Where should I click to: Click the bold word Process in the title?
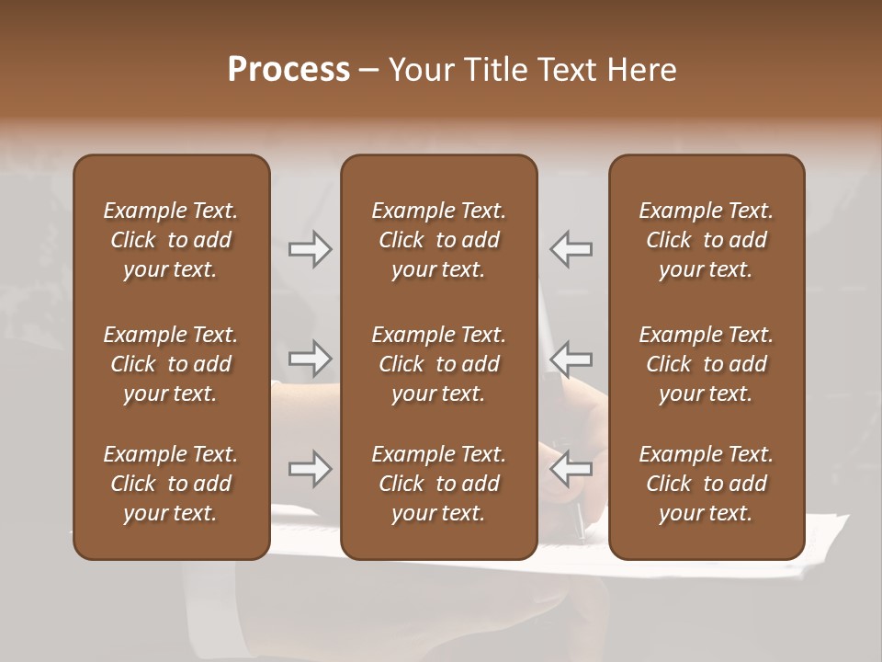[288, 70]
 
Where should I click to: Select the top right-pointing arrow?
[310, 249]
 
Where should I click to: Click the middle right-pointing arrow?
[310, 359]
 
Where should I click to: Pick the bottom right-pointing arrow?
[310, 469]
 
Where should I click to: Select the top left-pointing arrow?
[571, 249]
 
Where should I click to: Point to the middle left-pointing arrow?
[571, 359]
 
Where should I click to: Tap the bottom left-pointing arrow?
[571, 469]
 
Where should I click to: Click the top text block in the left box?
[171, 240]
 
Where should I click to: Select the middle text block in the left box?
[171, 364]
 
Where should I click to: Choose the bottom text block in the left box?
[171, 484]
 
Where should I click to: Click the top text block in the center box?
[439, 240]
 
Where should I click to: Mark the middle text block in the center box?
[439, 364]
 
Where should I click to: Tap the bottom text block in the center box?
[439, 484]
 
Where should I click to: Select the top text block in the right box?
[707, 240]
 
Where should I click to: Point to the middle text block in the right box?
[707, 364]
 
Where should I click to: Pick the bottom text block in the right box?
[707, 484]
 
